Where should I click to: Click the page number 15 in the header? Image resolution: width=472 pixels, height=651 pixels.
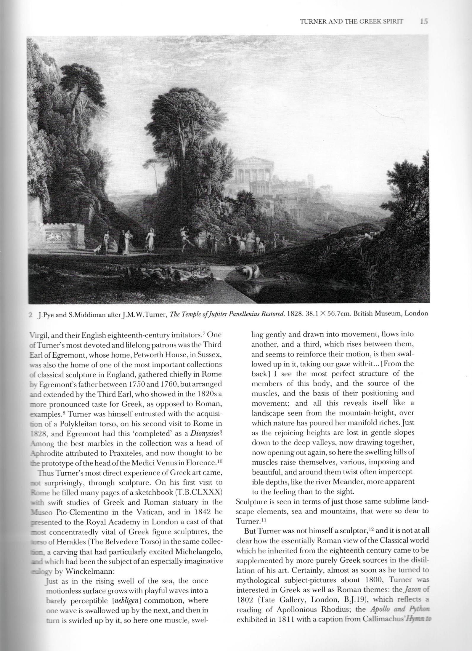[424, 22]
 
